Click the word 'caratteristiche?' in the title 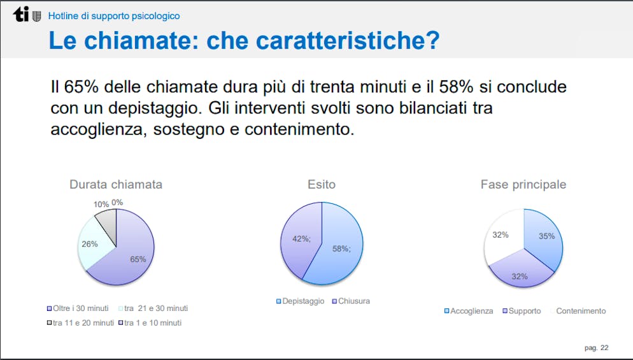[323, 40]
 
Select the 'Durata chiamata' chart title [116, 185]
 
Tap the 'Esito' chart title [322, 185]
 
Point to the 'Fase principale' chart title [523, 185]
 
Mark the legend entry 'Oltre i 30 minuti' [78, 308]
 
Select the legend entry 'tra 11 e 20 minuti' [80, 323]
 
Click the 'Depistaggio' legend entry [300, 301]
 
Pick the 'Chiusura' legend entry [351, 301]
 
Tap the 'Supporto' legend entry [522, 311]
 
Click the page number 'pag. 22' [596, 348]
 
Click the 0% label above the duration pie [117, 203]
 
